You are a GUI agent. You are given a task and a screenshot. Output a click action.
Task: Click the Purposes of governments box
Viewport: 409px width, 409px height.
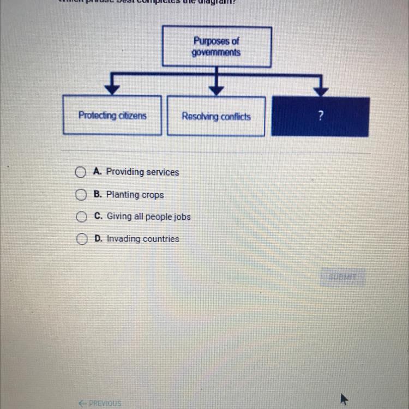tap(216, 47)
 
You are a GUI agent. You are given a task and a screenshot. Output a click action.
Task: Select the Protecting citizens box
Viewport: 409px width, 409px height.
tap(112, 115)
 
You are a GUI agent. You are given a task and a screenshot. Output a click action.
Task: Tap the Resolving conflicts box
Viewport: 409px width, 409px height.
tap(216, 116)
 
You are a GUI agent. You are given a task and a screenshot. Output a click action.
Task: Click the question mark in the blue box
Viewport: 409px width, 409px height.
tap(321, 116)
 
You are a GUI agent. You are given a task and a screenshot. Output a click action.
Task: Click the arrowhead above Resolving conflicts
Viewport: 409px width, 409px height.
tap(216, 88)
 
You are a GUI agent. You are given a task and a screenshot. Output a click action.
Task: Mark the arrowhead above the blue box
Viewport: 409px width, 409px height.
tap(321, 89)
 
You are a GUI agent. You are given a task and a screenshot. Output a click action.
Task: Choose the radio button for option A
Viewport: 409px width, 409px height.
tap(81, 173)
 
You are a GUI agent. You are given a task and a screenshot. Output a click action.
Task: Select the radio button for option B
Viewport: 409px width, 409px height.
tap(81, 195)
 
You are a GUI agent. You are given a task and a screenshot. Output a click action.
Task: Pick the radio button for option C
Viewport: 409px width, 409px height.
tap(81, 217)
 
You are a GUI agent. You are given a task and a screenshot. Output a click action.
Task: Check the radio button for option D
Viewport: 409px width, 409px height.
tap(81, 239)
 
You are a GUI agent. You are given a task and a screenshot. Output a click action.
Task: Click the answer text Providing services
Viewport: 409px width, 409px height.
tap(142, 172)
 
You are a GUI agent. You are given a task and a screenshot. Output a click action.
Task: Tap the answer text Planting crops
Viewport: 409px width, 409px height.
tap(135, 195)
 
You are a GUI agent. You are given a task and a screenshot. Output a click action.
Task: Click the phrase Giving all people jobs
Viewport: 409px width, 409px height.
tap(148, 216)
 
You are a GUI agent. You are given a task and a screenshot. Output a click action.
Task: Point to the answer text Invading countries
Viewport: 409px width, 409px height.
tap(142, 239)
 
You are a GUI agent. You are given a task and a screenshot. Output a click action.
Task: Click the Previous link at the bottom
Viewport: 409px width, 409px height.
tap(100, 404)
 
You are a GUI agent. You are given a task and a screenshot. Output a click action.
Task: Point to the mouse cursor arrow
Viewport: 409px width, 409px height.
tap(344, 399)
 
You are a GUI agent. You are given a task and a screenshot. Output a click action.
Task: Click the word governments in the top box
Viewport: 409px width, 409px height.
tap(216, 53)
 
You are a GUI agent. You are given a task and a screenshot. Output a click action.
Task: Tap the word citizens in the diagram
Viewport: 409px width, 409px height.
tap(133, 115)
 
